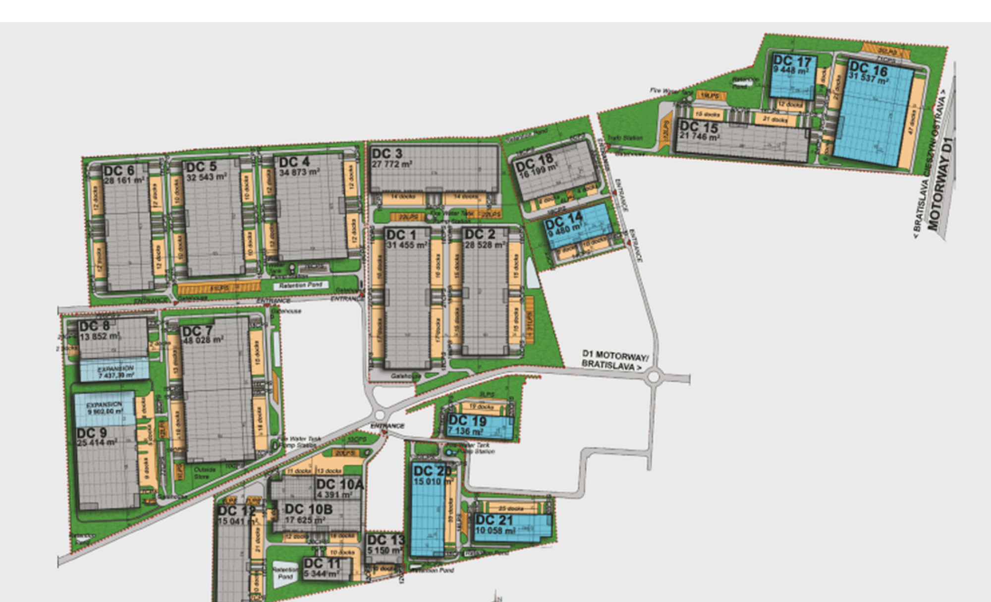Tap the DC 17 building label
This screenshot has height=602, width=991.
pos(792,61)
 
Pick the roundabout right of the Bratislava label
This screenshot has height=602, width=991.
pos(654,378)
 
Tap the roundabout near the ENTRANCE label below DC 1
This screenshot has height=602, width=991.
pos(380,415)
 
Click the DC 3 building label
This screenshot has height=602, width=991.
pos(387,154)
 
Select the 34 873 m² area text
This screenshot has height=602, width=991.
pos(299,173)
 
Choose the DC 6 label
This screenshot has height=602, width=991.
pos(119,171)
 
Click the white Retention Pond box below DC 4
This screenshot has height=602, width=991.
pos(300,286)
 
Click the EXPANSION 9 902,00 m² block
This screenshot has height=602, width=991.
pos(105,408)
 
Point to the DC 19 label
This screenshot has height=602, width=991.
pos(467,421)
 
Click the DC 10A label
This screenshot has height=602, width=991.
pos(339,484)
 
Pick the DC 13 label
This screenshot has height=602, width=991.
pos(386,540)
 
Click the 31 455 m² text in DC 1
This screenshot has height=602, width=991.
pos(407,245)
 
